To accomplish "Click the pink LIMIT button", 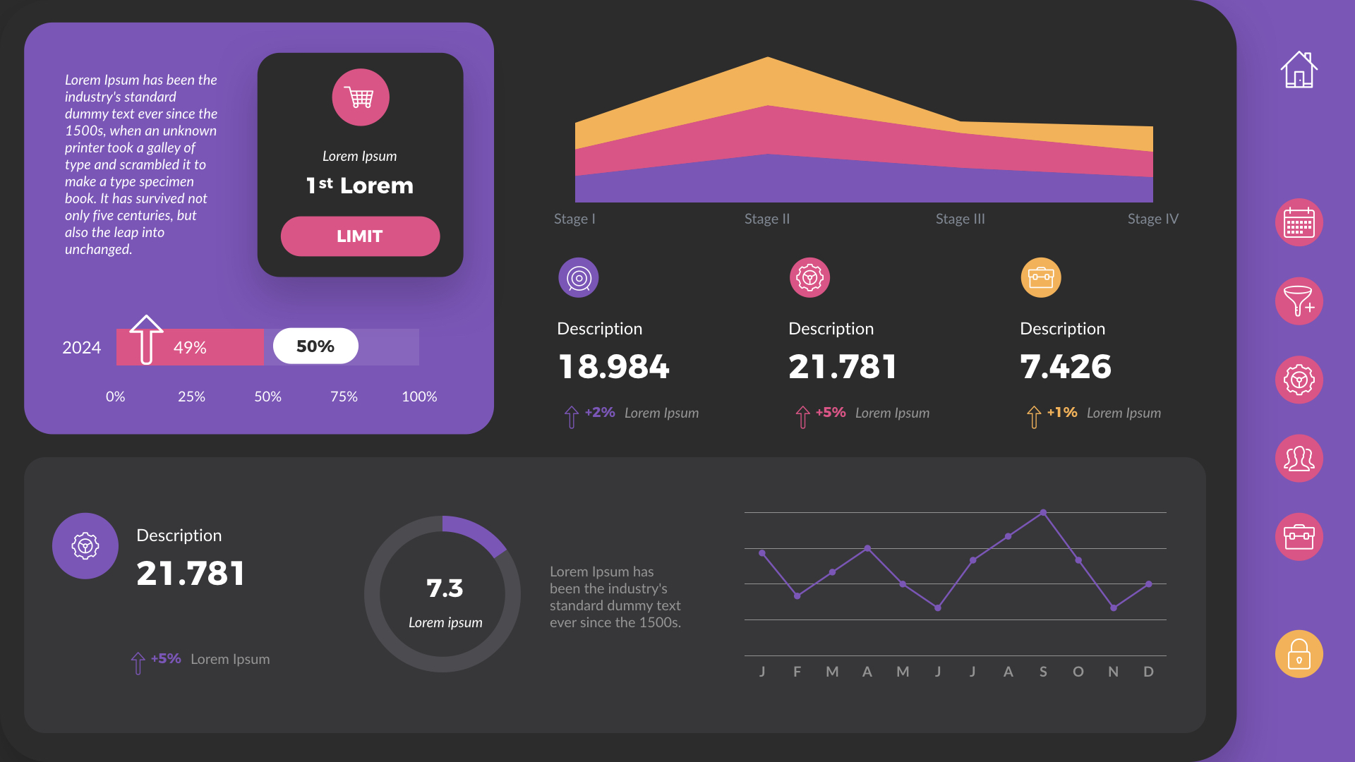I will click(x=360, y=236).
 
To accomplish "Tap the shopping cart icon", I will click(x=361, y=97).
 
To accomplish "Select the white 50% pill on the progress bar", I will click(x=315, y=346).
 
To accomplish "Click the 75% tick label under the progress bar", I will click(x=344, y=397).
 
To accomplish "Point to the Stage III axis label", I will click(x=960, y=219).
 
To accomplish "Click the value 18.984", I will click(x=614, y=367).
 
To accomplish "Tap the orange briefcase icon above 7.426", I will click(x=1041, y=277).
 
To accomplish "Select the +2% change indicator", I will click(x=599, y=413).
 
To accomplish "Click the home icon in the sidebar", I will click(x=1299, y=70).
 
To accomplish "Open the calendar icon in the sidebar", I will click(x=1299, y=223).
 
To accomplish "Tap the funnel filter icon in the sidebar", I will click(x=1299, y=301).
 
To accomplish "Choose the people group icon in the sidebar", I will click(x=1299, y=459).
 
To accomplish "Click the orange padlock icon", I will click(x=1299, y=654).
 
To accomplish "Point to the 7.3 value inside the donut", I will click(x=445, y=588).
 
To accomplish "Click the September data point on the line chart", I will click(x=1043, y=513).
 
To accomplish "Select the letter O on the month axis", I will click(x=1078, y=672).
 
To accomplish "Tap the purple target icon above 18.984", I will click(x=579, y=278).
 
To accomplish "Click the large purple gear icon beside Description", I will click(x=85, y=546).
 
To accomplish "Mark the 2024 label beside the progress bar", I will click(x=82, y=348).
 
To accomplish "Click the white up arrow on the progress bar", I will click(x=146, y=339).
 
